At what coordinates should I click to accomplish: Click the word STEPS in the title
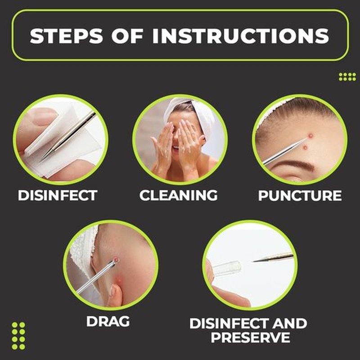click(x=66, y=36)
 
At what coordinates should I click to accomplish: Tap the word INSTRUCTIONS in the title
click(x=241, y=36)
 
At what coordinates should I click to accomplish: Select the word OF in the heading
click(x=127, y=36)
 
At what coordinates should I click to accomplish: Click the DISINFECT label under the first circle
click(x=58, y=195)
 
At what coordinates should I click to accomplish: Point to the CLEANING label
click(x=178, y=195)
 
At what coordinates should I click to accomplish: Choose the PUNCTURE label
click(x=300, y=196)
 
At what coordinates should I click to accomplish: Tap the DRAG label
click(x=108, y=321)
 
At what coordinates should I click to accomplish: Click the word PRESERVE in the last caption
click(x=250, y=337)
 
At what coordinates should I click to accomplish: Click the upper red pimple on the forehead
click(x=310, y=136)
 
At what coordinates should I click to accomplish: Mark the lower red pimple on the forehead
click(x=306, y=148)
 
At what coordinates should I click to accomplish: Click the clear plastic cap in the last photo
click(x=227, y=267)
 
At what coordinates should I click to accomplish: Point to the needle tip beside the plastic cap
click(x=254, y=261)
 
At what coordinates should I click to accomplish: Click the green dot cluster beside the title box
click(x=347, y=76)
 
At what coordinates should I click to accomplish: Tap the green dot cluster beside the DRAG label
click(x=18, y=336)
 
